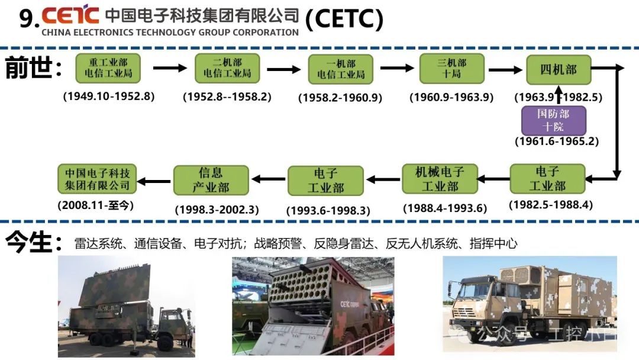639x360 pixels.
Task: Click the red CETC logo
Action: pos(70,14)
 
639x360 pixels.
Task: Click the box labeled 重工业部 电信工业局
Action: pos(108,68)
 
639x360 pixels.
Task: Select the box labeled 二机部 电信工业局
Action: pos(227,68)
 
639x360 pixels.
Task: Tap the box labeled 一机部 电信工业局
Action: pos(341,69)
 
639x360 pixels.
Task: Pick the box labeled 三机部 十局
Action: pos(452,68)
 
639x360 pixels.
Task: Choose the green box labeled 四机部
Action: pos(558,70)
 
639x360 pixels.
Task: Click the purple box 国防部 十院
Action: pos(553,120)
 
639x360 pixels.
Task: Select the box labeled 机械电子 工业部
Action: pos(440,179)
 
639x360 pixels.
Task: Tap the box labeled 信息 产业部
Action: pos(211,180)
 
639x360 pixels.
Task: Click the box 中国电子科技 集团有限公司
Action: pos(97,179)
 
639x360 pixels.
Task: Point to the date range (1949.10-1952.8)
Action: pos(109,96)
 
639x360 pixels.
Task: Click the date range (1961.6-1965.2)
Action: pos(556,142)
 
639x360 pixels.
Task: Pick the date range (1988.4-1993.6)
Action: pos(444,208)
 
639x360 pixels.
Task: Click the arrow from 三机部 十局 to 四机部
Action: pos(505,69)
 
